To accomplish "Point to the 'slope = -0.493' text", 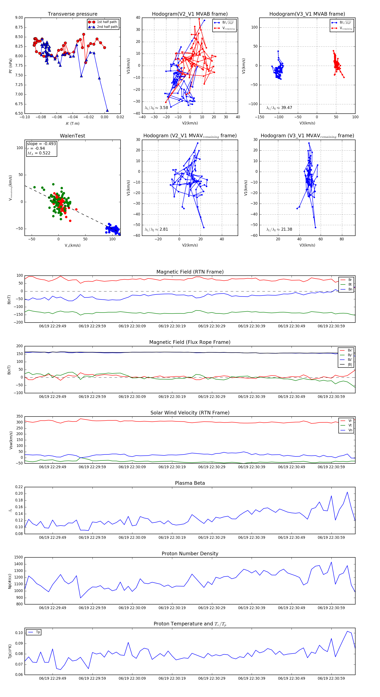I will pyautogui.click(x=41, y=144).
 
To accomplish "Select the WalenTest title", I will pyautogui.click(x=72, y=136).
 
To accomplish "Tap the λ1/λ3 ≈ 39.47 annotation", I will pyautogui.click(x=279, y=108).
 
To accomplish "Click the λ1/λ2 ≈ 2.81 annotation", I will pyautogui.click(x=156, y=229).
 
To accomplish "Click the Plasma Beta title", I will pyautogui.click(x=190, y=483).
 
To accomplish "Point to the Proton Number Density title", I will pyautogui.click(x=190, y=554).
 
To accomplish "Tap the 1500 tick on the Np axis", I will pyautogui.click(x=19, y=557).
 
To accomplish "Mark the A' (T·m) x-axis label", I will pyautogui.click(x=72, y=124).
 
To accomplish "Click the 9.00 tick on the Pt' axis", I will pyautogui.click(x=19, y=18).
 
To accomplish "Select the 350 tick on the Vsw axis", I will pyautogui.click(x=19, y=417).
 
